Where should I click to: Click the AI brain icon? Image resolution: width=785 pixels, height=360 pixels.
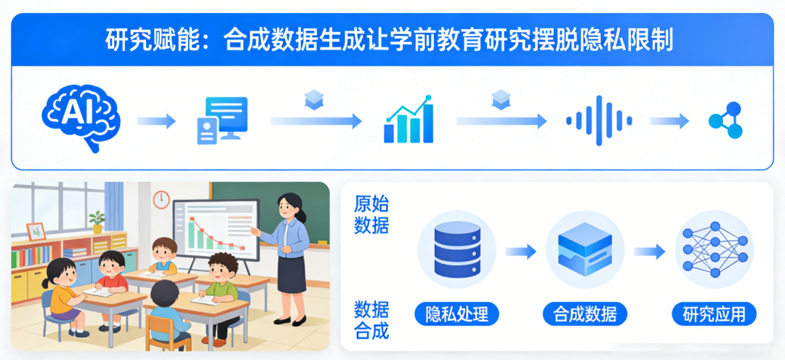click(81, 118)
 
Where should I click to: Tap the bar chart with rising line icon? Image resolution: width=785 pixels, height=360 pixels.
click(408, 119)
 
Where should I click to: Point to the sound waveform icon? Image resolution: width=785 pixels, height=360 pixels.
click(599, 120)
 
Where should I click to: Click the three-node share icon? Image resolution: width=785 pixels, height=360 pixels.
click(725, 120)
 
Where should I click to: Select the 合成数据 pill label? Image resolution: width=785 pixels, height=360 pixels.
click(584, 314)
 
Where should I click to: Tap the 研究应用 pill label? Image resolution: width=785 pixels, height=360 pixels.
click(714, 314)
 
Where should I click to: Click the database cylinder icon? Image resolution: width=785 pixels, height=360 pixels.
click(457, 249)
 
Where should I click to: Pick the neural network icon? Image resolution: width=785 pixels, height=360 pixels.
click(715, 249)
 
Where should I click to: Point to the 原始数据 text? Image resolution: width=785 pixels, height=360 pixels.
click(371, 215)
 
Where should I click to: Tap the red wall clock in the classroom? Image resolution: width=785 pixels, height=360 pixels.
click(161, 199)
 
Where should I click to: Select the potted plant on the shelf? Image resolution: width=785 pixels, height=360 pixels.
click(97, 222)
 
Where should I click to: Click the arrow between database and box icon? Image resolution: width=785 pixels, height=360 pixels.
click(520, 251)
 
